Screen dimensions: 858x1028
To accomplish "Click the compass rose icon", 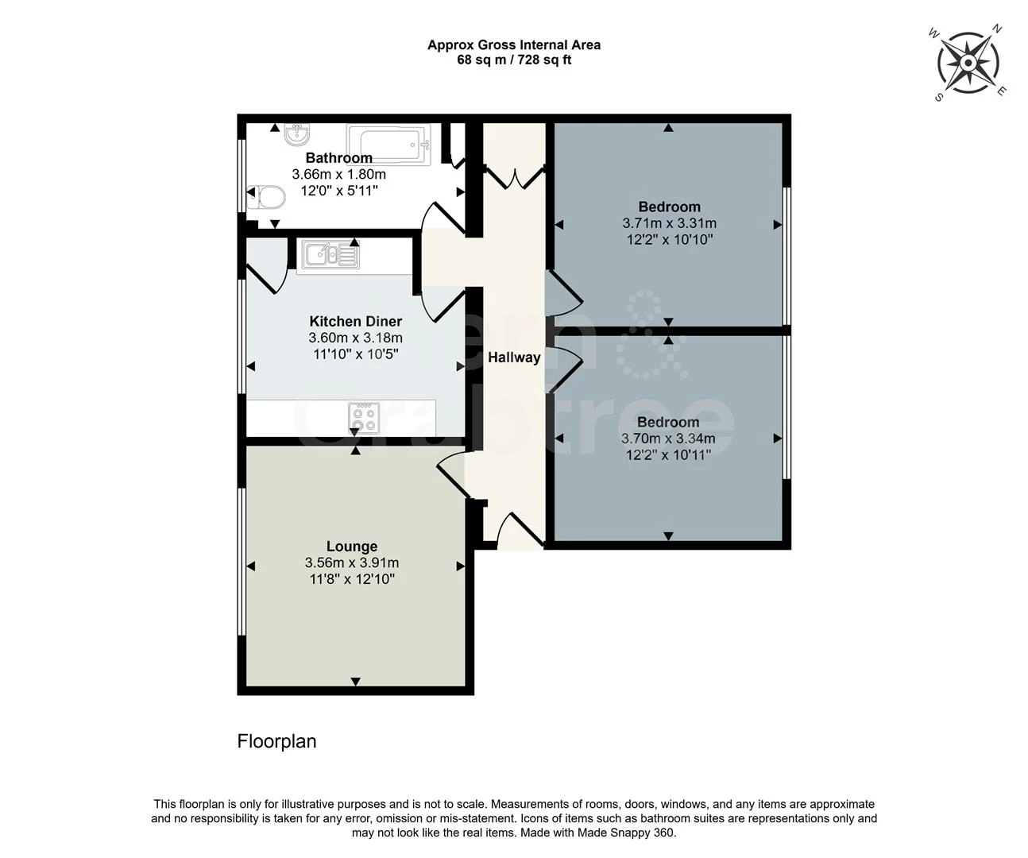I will (968, 62).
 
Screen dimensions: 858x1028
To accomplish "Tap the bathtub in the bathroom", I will (394, 145).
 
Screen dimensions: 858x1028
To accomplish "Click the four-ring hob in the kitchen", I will (364, 417).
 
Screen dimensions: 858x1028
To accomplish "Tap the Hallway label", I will (514, 357).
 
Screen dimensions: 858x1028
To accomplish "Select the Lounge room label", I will (352, 547).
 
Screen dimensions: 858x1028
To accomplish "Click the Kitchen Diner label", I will (355, 321).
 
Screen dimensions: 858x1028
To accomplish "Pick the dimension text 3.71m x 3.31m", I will (669, 223).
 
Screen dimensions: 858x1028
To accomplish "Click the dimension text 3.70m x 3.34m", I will (667, 439).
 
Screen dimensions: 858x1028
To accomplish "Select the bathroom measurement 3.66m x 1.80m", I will (339, 174).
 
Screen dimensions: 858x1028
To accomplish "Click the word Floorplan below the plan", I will (276, 741).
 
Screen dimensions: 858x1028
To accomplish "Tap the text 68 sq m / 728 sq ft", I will (514, 60).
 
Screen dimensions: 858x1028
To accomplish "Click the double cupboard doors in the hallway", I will (514, 176).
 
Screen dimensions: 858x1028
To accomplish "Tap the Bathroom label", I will (339, 157).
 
